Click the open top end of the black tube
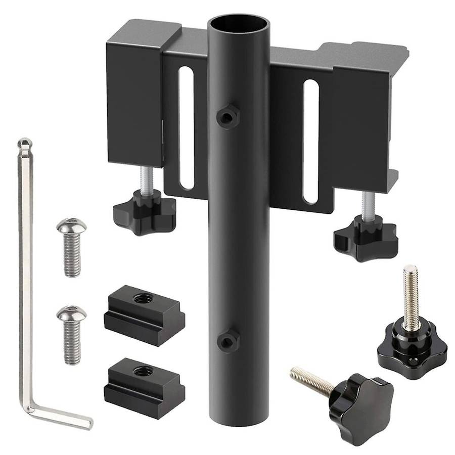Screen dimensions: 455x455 click(238, 24)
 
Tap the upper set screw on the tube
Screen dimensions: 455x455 click(228, 117)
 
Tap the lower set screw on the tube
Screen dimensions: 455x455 click(228, 342)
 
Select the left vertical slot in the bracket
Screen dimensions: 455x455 click(186, 128)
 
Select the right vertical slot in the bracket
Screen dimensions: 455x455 click(310, 142)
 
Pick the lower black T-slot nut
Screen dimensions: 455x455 click(144, 387)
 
